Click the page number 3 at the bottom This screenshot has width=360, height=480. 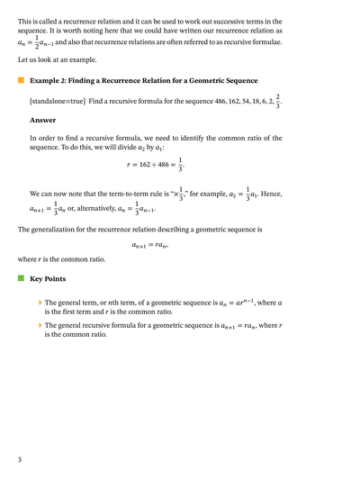20,460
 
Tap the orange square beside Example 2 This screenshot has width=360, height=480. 21,80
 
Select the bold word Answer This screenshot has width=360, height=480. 42,119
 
